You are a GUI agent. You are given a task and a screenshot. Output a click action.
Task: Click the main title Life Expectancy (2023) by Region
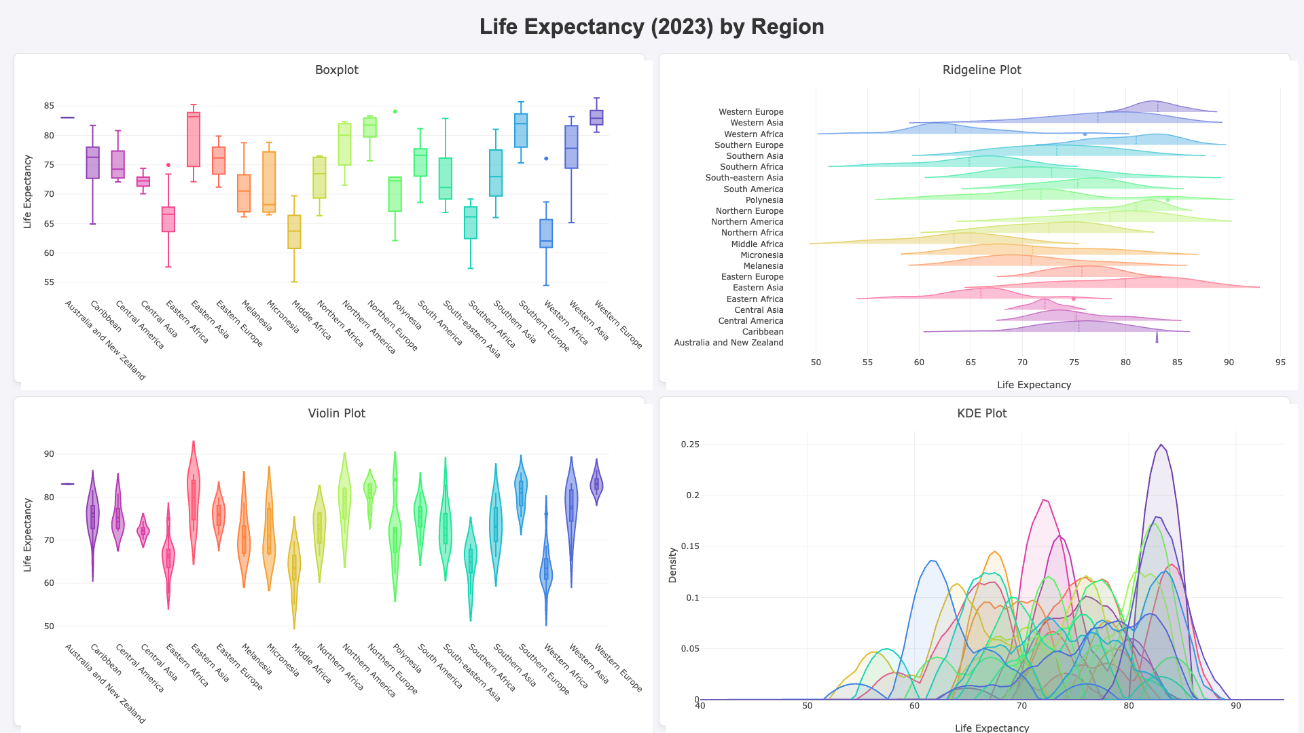(x=651, y=26)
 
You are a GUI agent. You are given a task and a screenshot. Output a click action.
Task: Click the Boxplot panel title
(x=337, y=70)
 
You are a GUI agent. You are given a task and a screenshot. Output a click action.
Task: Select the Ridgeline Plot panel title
(x=981, y=70)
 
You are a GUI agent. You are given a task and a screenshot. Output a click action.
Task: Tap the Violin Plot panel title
(x=337, y=413)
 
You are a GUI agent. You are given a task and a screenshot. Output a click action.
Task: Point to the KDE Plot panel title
(x=981, y=413)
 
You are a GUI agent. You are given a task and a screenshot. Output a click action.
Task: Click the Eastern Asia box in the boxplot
(x=194, y=139)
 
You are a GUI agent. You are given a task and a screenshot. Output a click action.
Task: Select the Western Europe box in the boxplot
(x=596, y=117)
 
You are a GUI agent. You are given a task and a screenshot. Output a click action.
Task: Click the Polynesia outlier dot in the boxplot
(x=395, y=111)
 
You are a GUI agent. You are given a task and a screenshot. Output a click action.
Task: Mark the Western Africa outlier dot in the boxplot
(x=546, y=159)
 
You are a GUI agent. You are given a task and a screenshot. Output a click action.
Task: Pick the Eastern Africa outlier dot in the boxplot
(x=168, y=165)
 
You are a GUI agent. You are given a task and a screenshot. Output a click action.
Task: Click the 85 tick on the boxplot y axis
(x=49, y=106)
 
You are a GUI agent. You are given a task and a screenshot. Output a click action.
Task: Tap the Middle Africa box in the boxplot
(x=294, y=232)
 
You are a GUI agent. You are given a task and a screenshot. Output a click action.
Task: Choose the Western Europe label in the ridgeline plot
(x=751, y=112)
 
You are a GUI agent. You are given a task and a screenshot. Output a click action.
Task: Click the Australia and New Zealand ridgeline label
(x=729, y=343)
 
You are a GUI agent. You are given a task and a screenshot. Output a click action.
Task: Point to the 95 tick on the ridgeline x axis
(x=1280, y=362)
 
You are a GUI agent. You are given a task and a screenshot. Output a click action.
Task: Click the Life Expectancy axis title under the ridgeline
(x=1034, y=385)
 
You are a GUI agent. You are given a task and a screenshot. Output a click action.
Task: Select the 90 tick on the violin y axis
(x=49, y=454)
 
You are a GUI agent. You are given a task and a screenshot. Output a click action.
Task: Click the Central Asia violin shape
(x=143, y=530)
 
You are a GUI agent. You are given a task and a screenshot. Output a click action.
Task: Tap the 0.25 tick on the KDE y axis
(x=690, y=445)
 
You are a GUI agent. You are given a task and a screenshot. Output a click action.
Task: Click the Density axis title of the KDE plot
(x=672, y=565)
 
